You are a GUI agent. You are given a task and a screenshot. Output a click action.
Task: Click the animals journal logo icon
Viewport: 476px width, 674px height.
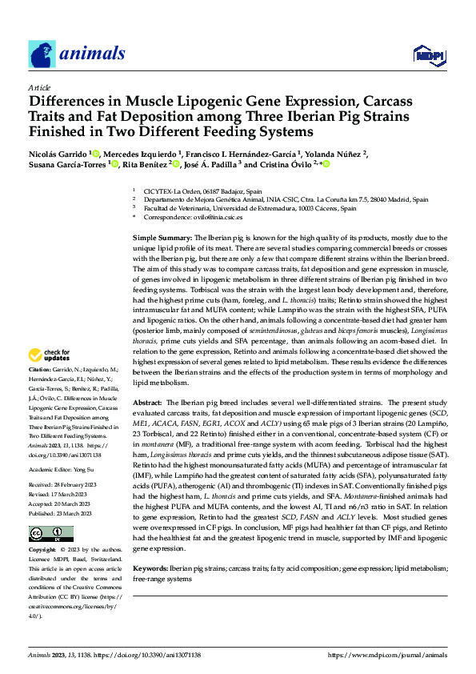tap(42, 54)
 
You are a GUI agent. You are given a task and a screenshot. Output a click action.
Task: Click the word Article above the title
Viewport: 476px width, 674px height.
tap(39, 87)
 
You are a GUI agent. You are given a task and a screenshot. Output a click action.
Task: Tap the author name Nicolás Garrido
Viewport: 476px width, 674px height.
tap(58, 153)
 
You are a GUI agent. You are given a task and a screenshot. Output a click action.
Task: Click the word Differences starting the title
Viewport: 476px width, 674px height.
tap(73, 102)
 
